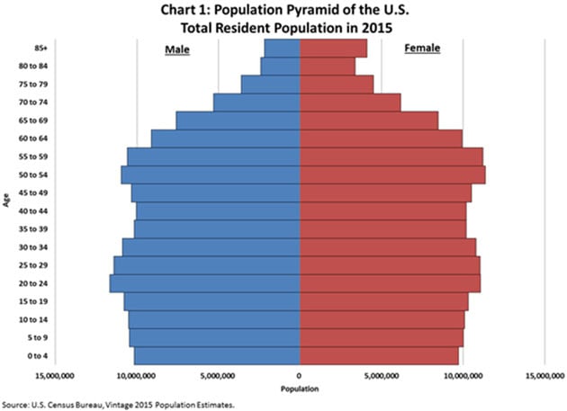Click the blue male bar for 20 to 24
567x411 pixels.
(x=204, y=283)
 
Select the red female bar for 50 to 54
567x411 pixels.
(x=392, y=174)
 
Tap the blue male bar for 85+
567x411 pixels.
(x=282, y=48)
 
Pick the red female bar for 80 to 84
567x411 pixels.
(x=327, y=66)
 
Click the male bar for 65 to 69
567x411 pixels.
(x=238, y=121)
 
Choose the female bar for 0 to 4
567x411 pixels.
(x=379, y=356)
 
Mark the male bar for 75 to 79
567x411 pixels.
(x=270, y=85)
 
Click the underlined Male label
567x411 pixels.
(x=176, y=48)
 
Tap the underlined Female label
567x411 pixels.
(x=421, y=48)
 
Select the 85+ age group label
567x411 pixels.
(x=41, y=48)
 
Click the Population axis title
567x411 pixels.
(x=299, y=389)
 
